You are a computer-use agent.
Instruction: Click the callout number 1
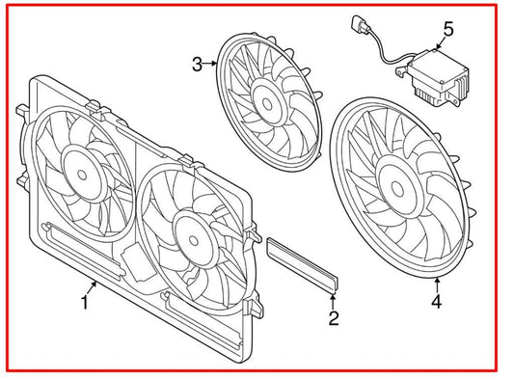tap(85, 303)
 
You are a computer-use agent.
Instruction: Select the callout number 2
tap(334, 317)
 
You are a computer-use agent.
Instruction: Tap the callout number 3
tap(197, 65)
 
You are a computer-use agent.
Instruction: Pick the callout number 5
tap(446, 29)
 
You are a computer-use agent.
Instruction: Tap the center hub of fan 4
tap(398, 183)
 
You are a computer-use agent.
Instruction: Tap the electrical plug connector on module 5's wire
tap(353, 27)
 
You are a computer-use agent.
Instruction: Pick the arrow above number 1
tap(94, 285)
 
